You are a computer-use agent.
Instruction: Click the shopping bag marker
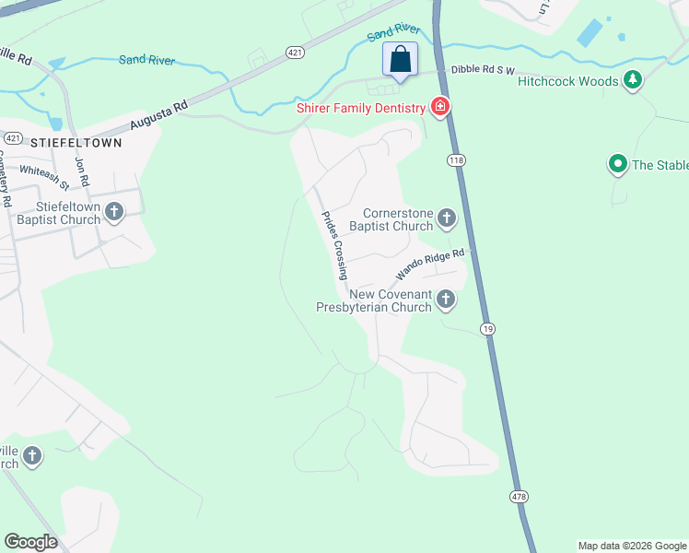point(401,60)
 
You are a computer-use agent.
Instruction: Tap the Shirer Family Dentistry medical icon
point(440,107)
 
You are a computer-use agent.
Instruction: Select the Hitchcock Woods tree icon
point(632,81)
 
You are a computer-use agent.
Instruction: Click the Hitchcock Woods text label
point(567,81)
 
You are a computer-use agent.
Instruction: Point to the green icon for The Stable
point(617,165)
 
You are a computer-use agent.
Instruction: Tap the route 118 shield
point(458,160)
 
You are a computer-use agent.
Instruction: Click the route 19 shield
point(486,328)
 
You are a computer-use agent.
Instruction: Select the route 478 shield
point(519,497)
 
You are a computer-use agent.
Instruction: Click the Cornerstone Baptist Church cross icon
point(447,218)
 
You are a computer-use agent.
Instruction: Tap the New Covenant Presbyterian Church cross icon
point(447,299)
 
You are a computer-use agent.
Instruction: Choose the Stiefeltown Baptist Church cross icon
point(114,212)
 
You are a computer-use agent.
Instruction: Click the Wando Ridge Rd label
point(434,264)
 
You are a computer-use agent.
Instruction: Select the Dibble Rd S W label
point(481,71)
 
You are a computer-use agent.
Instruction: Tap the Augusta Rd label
point(158,115)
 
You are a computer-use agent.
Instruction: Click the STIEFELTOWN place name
point(76,143)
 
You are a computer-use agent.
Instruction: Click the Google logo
point(30,541)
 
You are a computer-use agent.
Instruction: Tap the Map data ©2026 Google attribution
point(631,546)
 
